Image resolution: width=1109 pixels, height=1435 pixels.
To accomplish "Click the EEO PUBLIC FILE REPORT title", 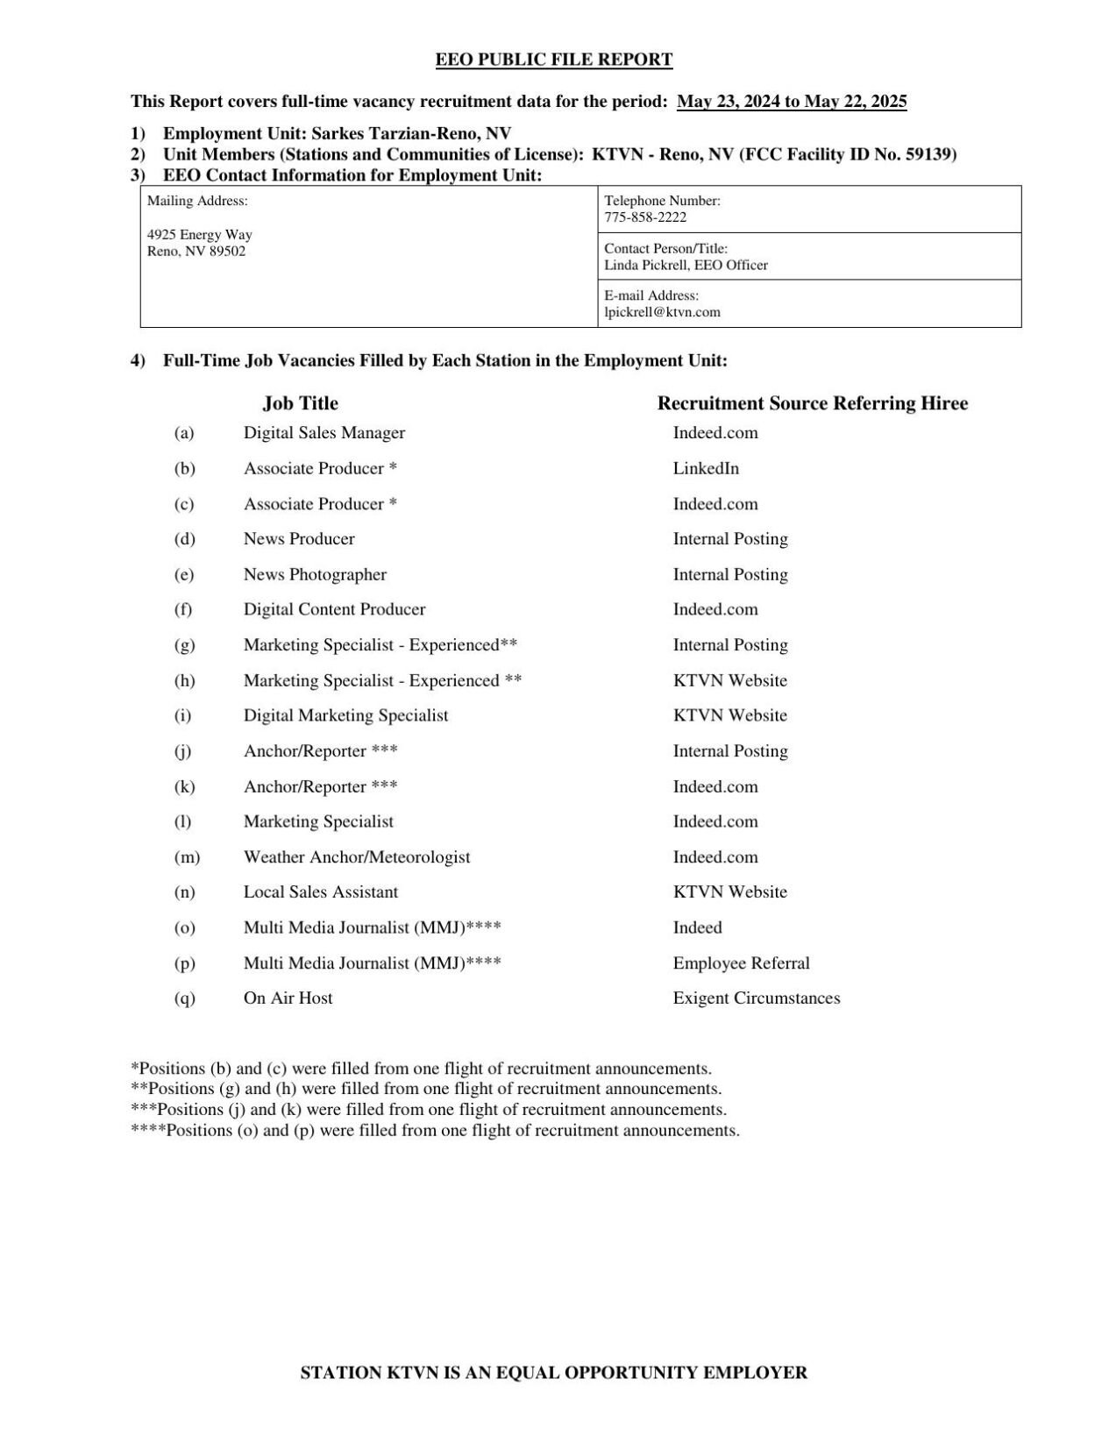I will point(554,60).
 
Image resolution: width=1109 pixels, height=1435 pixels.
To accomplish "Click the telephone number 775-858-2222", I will point(645,217).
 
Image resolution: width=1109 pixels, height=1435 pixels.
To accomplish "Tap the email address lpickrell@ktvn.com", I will point(662,312).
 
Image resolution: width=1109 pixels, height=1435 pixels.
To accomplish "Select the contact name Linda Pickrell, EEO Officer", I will point(686,265).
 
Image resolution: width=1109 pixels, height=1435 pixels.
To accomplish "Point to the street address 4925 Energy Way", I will point(200,235).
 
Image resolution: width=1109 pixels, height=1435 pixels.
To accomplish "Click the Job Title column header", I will point(300,403).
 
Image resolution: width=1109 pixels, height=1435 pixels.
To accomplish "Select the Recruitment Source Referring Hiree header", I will point(812,403).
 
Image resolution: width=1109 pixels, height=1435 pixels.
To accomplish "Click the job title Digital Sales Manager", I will point(324,433).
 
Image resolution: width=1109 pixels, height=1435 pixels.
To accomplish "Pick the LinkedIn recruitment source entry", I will point(706,468).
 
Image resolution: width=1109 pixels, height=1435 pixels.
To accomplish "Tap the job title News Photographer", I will point(315,574).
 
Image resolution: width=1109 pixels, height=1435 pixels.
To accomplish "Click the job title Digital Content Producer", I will point(334,609).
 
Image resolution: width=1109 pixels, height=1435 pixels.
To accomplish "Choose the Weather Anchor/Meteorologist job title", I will point(357,857).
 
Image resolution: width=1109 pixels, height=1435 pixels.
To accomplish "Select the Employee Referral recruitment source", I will point(741,963).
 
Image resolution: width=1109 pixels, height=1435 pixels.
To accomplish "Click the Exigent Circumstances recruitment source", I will point(756,998).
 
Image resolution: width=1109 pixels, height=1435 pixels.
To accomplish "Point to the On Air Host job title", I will point(288,998).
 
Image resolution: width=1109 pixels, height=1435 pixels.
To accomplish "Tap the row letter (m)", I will point(187,857).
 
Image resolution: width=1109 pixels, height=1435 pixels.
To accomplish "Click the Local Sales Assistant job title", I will point(321,892).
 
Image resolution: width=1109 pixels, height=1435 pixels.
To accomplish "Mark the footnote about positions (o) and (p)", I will point(435,1130).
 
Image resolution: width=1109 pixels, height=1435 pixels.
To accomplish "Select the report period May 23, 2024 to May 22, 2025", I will point(792,102).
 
